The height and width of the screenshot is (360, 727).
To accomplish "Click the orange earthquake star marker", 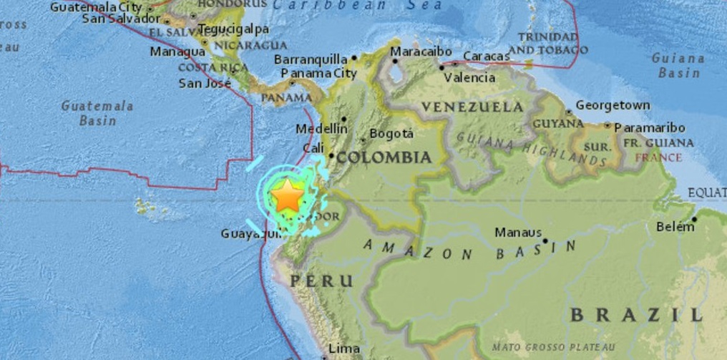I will coord(287,195).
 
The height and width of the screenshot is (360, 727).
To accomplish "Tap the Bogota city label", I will coord(391,134).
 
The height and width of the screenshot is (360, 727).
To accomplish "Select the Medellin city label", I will coord(322,129).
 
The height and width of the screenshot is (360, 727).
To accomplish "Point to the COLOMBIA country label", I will coord(384,157).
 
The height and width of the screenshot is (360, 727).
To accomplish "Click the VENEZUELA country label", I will coord(472,107).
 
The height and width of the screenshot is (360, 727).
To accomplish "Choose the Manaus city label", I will coord(518,233).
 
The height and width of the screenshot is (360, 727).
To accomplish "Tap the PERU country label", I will coord(321,281).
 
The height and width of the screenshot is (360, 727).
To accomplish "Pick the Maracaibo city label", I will coord(421,52).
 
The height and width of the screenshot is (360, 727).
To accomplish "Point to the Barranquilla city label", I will coord(311,59).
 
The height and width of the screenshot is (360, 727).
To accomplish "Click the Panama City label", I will coord(318,73).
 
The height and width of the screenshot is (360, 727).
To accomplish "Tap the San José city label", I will coord(205,83).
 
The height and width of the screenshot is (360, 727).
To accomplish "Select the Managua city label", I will coord(177,52).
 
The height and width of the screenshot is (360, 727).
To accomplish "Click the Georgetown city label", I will coord(613,105).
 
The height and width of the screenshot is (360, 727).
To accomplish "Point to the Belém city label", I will coord(675,227).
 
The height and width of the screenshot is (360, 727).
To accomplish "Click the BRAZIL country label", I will coord(636,314).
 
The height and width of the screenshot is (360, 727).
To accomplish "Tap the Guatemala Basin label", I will coord(97,113).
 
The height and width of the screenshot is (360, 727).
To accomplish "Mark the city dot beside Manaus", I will coord(545,240).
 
